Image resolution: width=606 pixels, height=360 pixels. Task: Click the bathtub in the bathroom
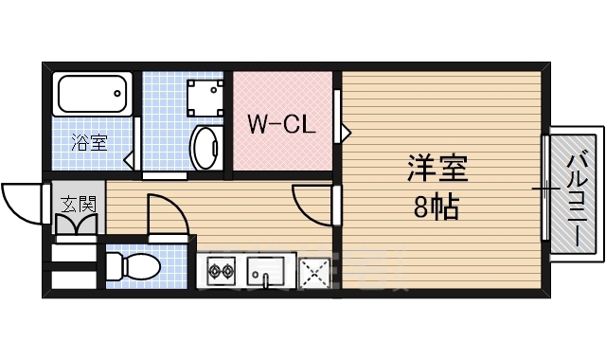93,95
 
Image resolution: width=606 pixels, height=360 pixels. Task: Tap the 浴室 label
91,144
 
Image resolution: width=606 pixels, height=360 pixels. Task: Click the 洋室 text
437,171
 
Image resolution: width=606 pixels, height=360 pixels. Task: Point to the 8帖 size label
436,207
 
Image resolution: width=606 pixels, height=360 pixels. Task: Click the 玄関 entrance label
79,203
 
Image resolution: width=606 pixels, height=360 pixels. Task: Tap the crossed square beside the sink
313,273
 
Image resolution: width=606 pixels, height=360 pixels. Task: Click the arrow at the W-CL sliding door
346,130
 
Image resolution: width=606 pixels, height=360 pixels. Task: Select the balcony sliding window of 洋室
545,189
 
